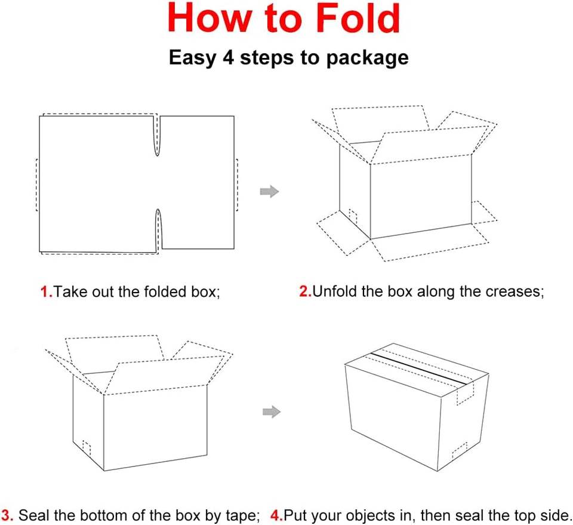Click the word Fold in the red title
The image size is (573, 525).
coord(358,18)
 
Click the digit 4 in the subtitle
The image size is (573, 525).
coord(229,57)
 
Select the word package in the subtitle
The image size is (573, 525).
coord(367,59)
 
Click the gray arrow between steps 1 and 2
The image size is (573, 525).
coord(269,191)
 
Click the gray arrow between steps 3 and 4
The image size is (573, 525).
coord(272,412)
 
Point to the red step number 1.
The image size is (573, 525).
coord(45,291)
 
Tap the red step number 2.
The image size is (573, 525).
coord(305,291)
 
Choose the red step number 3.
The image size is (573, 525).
coord(7,515)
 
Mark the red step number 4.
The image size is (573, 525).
coord(276,515)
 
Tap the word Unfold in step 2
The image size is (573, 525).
coord(334,291)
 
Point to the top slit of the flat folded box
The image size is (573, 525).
coord(157,135)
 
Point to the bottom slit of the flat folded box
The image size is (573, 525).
coord(158,231)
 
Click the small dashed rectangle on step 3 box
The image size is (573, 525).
coord(87,448)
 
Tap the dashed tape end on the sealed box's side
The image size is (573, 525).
coord(465,394)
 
